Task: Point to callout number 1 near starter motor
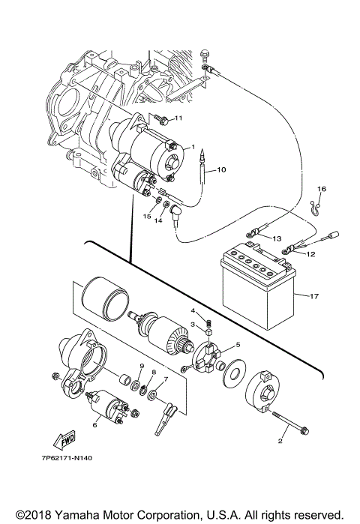(192, 147)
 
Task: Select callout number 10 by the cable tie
(220, 170)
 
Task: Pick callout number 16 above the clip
(321, 188)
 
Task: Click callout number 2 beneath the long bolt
(281, 442)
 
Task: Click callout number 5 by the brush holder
(237, 346)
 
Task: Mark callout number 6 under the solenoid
(95, 424)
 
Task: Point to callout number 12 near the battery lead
(311, 254)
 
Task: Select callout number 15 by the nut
(148, 216)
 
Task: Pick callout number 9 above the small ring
(140, 365)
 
